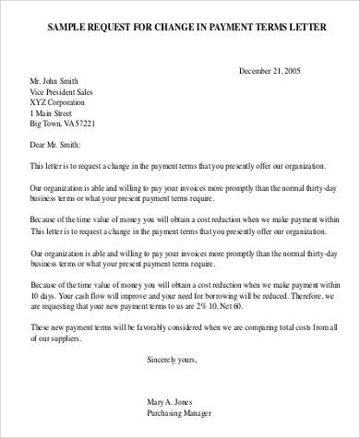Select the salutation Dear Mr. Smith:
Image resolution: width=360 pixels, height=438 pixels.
[56, 145]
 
